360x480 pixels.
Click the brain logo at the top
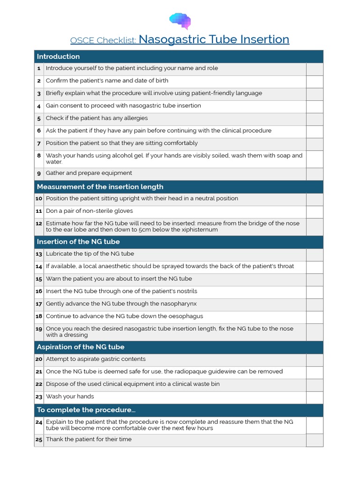click(180, 21)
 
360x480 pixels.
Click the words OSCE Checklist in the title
click(103, 40)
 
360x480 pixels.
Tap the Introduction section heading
click(58, 56)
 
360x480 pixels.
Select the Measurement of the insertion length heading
click(100, 187)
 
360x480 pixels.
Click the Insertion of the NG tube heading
click(78, 241)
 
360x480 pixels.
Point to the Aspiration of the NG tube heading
click(81, 347)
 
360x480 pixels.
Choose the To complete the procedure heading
click(86, 410)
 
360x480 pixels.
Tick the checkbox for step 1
click(315, 69)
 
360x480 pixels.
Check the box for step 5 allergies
click(315, 119)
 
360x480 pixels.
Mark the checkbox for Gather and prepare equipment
click(315, 174)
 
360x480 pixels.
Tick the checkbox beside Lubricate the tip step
click(315, 255)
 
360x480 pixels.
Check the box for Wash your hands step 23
click(315, 397)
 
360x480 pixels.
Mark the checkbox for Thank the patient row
click(315, 440)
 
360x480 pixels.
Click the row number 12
click(39, 224)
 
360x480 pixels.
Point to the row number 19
click(39, 329)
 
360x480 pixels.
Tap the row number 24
click(39, 422)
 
